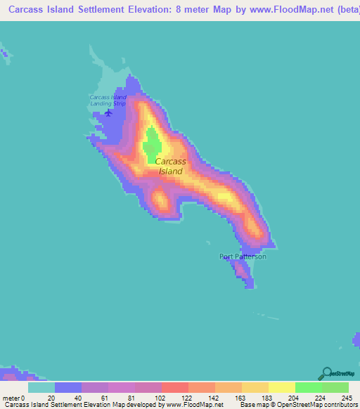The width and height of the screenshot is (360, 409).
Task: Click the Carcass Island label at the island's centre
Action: pyautogui.click(x=170, y=166)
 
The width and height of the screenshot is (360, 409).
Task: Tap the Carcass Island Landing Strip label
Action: pyautogui.click(x=108, y=100)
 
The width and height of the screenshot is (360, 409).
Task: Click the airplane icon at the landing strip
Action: pyautogui.click(x=108, y=112)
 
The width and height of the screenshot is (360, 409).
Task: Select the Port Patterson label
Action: pyautogui.click(x=243, y=257)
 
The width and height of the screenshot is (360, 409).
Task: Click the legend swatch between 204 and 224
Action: pyautogui.click(x=308, y=387)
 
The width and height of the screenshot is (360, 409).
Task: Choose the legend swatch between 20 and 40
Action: pyautogui.click(x=68, y=387)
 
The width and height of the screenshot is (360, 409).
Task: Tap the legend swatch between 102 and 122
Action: pyautogui.click(x=175, y=387)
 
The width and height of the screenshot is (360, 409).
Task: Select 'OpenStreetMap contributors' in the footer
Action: pyautogui.click(x=319, y=405)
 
